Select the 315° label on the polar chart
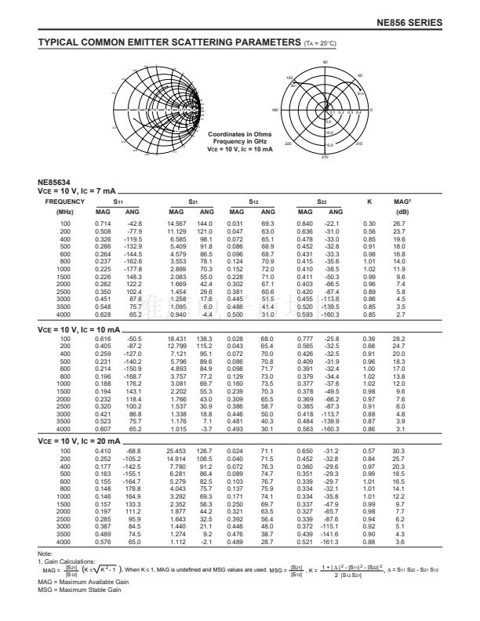pyautogui.click(x=360, y=144)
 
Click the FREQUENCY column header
pyautogui.click(x=60, y=202)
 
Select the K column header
pyautogui.click(x=369, y=202)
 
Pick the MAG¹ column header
pyautogui.click(x=402, y=202)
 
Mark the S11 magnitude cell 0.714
pyautogui.click(x=103, y=224)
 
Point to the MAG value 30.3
pyautogui.click(x=400, y=452)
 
